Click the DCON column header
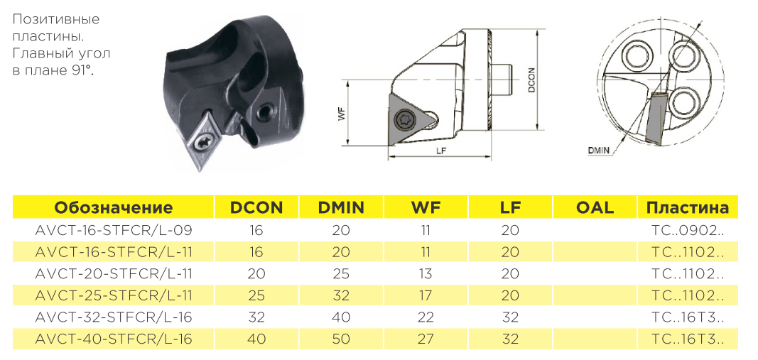pyautogui.click(x=256, y=208)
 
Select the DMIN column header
pyautogui.click(x=341, y=208)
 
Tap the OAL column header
pyautogui.click(x=595, y=208)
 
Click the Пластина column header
pyautogui.click(x=688, y=208)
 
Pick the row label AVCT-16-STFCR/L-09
pyautogui.click(x=114, y=231)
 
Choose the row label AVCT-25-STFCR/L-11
pyautogui.click(x=114, y=295)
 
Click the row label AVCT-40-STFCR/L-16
pyautogui.click(x=114, y=339)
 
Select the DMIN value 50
pyautogui.click(x=341, y=339)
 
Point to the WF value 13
pyautogui.click(x=426, y=273)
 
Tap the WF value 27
pyautogui.click(x=426, y=339)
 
